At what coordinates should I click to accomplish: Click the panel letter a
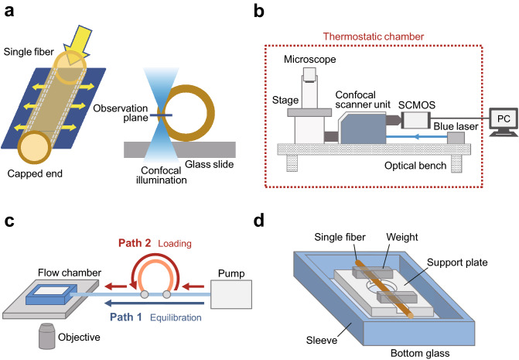(11, 11)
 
